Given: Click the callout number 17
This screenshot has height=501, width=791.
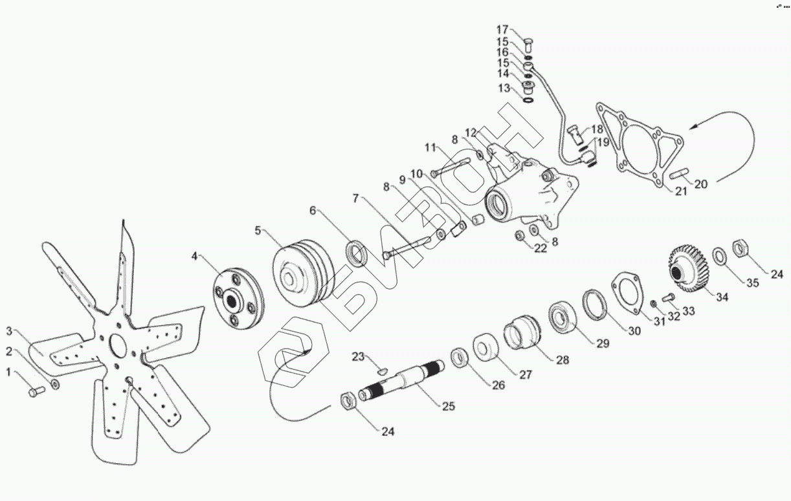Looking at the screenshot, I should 503,30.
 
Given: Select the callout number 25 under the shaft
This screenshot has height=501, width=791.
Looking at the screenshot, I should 448,407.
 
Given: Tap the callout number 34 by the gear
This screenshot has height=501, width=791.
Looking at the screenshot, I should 721,297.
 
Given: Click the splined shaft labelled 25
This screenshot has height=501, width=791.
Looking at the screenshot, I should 405,382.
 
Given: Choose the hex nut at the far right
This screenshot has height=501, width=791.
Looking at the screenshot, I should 741,248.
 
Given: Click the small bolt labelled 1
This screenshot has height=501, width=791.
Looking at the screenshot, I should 36,391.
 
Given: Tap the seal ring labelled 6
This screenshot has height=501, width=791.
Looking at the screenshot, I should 356,252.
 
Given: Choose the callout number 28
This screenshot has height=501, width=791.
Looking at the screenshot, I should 562,359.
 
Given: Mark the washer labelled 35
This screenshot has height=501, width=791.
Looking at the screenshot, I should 719,257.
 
